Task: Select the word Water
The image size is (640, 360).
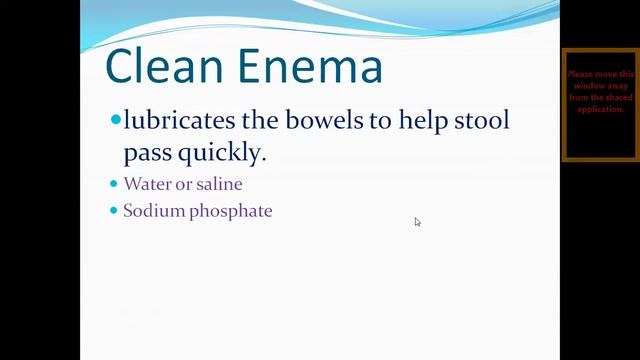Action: [x=145, y=184]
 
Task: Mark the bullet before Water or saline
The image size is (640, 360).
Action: [x=113, y=184]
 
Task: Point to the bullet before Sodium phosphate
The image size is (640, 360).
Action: [x=113, y=211]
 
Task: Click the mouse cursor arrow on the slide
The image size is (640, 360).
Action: [x=417, y=222]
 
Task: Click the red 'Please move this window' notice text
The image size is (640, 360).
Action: [x=600, y=91]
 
